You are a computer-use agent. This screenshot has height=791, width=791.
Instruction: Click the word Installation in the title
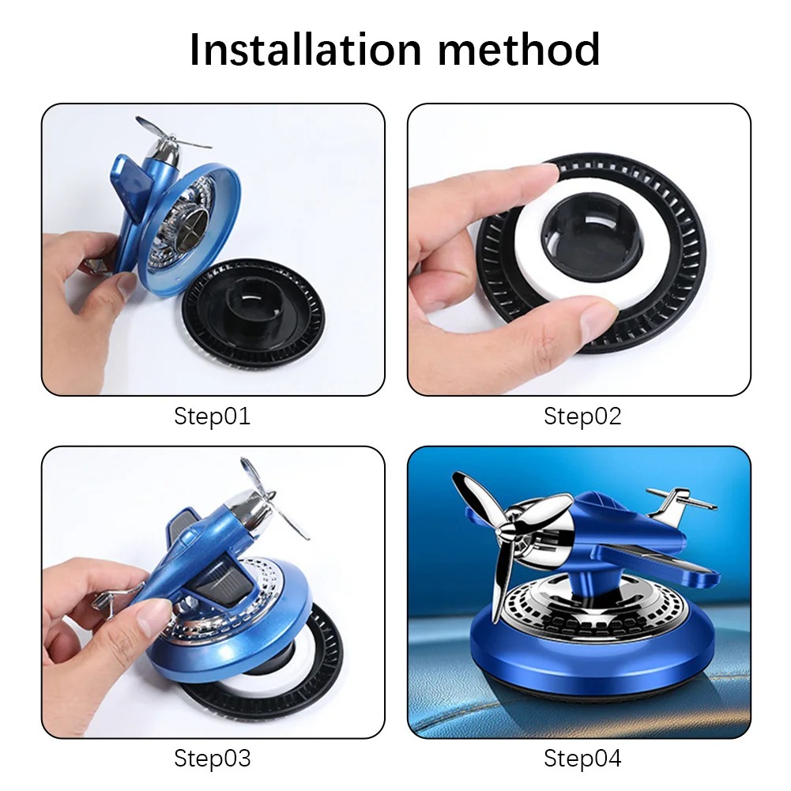pos(305,50)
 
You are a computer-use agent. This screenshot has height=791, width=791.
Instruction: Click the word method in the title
pos(519,50)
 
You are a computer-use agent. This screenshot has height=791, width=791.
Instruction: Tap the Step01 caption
pos(212,416)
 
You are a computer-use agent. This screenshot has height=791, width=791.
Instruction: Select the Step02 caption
pos(582,416)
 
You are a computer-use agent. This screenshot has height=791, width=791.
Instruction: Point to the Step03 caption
pos(212,759)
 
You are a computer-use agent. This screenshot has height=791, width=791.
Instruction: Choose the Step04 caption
pos(582,759)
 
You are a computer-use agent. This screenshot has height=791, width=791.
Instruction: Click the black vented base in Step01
pos(253,315)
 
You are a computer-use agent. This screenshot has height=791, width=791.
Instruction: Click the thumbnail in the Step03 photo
pos(154,617)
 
